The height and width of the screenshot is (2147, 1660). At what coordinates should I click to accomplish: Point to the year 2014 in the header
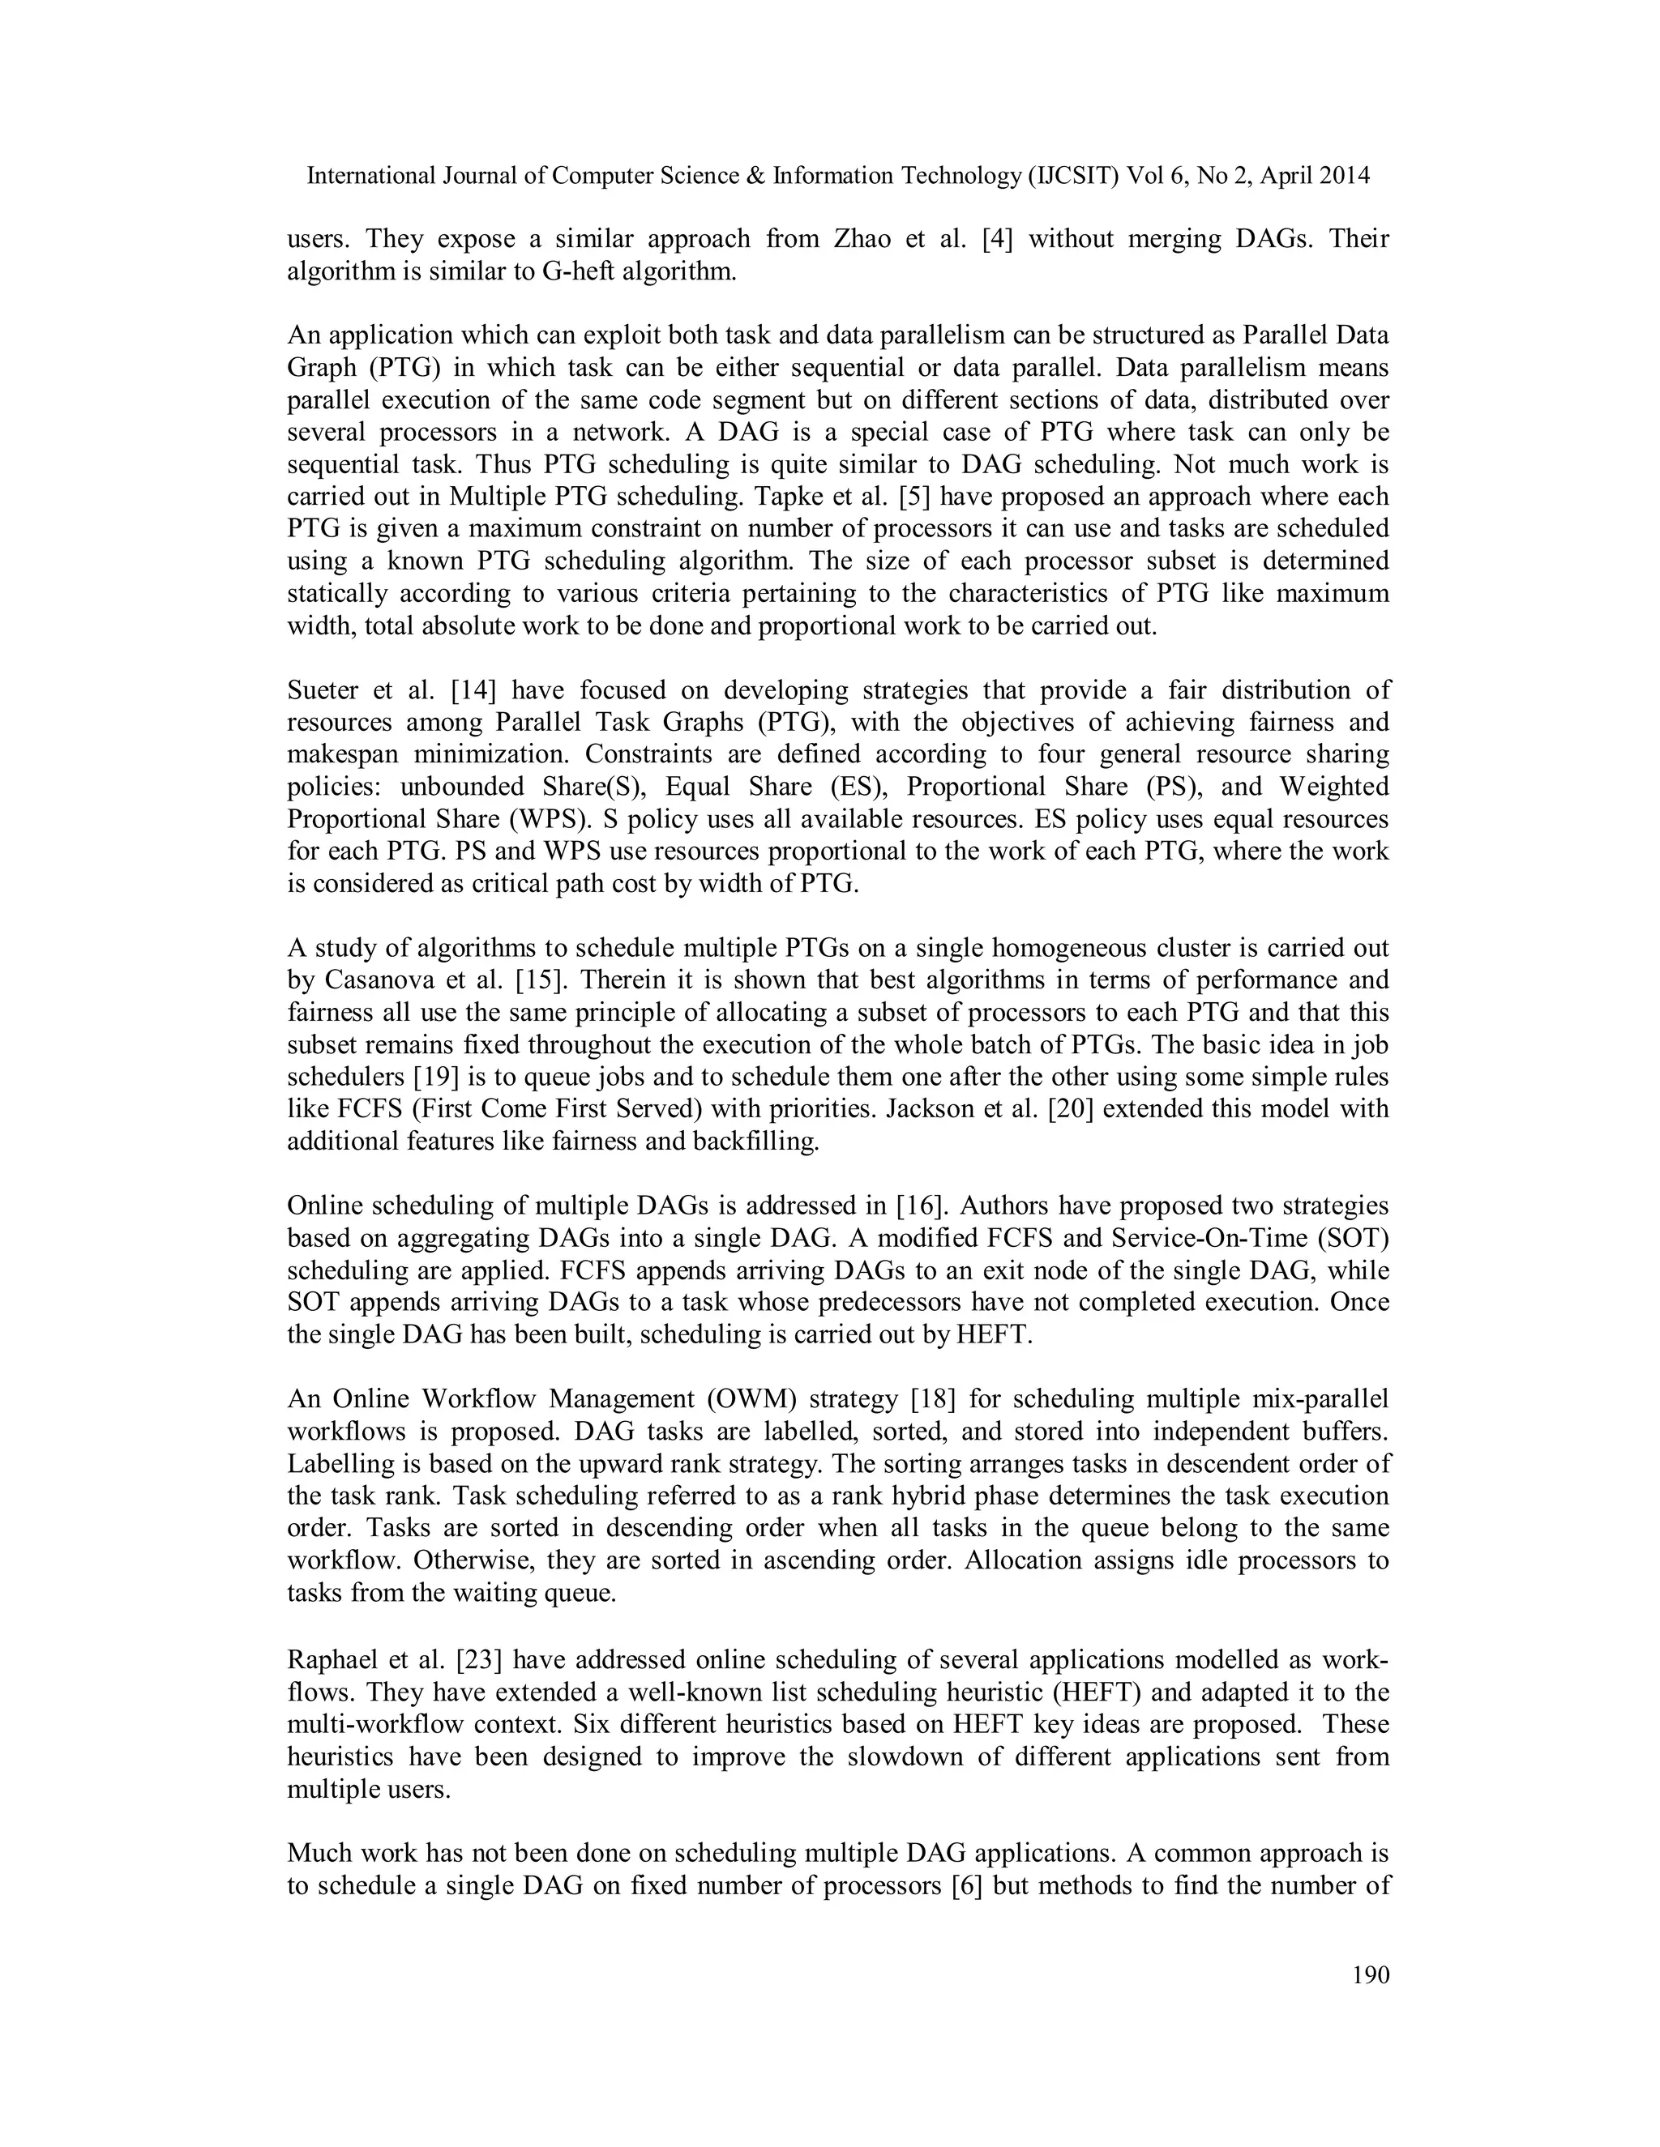(1342, 175)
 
